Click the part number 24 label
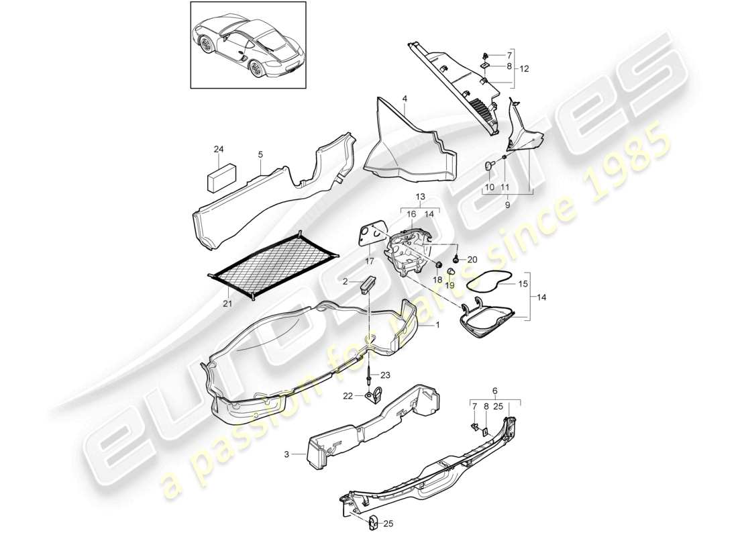[x=217, y=149]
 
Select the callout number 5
[x=260, y=154]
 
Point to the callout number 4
[x=405, y=99]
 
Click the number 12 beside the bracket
[x=524, y=68]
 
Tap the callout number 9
[x=507, y=206]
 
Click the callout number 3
[x=287, y=454]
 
